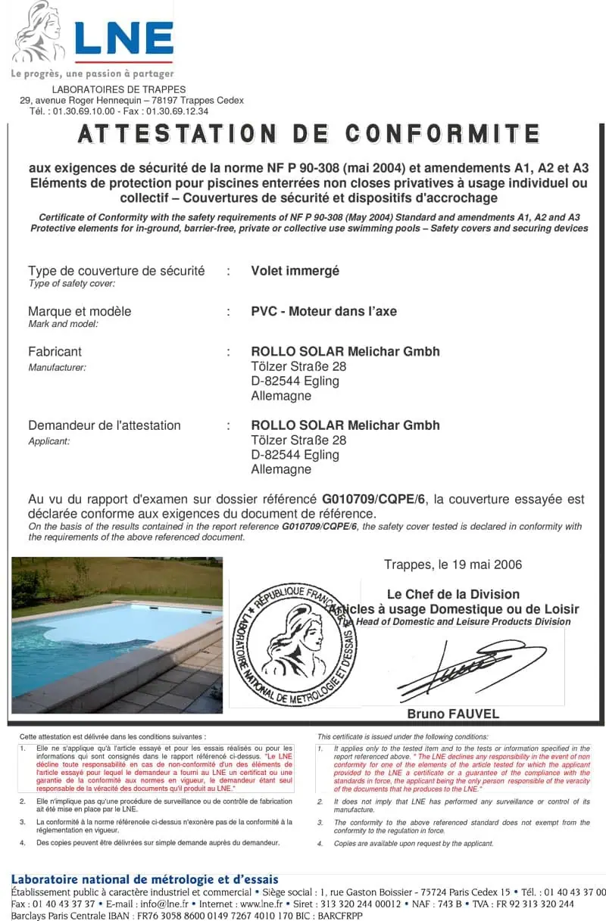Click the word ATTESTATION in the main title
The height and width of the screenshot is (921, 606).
coord(179,134)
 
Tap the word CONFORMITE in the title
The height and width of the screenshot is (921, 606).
coord(442,134)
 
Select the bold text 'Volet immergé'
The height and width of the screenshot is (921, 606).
coord(295,271)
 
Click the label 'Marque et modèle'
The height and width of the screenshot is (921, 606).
coord(80,311)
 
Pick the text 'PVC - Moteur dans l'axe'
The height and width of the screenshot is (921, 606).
coord(323,311)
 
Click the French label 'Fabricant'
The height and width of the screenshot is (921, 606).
coord(55,351)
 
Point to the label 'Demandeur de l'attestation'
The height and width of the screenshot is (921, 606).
coord(105,425)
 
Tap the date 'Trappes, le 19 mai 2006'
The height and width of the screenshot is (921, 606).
coord(452,565)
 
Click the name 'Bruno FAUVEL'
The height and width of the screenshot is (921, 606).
coord(453,714)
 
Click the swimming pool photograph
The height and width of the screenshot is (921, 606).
coord(117,635)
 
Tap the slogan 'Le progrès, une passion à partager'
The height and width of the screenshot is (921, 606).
coord(92,74)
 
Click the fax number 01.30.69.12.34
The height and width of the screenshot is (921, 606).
coord(176,110)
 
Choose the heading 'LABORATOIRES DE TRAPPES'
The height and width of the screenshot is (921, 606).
coord(118,90)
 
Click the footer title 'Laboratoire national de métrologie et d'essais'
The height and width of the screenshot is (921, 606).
coord(145,880)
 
